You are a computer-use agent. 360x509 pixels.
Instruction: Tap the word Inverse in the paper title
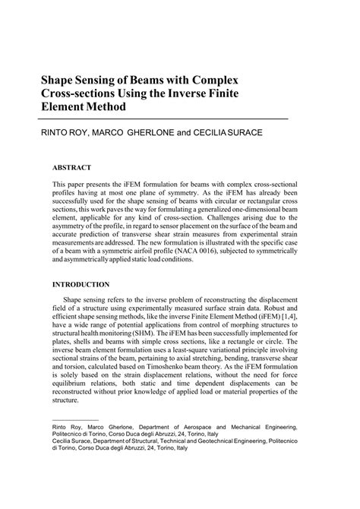197,93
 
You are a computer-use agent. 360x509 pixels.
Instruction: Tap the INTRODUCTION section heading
82,285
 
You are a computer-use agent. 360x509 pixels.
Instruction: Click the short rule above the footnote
74,419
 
